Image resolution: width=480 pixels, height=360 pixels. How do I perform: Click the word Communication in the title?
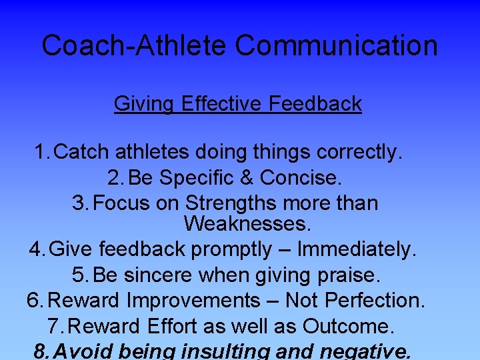(336, 46)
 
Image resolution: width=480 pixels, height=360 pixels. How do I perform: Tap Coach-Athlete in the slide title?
(135, 46)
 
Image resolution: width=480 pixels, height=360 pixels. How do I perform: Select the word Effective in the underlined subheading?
(223, 104)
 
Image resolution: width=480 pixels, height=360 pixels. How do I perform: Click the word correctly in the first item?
(359, 153)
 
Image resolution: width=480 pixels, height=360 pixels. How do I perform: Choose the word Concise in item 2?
(301, 178)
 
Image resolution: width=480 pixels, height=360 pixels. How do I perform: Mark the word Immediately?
(357, 249)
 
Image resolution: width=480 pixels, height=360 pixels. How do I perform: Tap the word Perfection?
(374, 301)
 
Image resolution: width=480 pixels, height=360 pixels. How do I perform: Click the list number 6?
(34, 301)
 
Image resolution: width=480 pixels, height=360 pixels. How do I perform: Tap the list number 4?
(36, 249)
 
